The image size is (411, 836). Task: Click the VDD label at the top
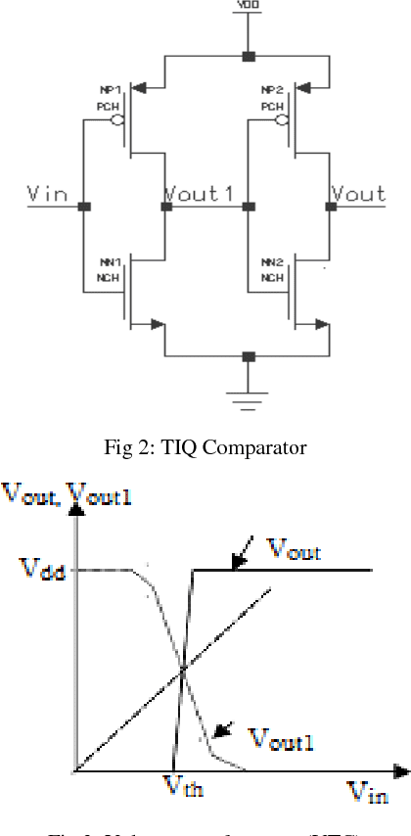(x=249, y=7)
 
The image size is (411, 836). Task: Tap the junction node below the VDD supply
(x=249, y=56)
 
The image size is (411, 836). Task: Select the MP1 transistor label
(x=108, y=90)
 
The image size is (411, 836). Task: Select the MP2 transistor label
(x=271, y=90)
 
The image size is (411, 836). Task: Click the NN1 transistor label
(x=108, y=263)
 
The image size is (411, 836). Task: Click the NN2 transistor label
(x=271, y=263)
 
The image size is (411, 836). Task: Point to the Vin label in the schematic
(x=46, y=194)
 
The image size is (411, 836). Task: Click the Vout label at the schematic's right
(x=359, y=194)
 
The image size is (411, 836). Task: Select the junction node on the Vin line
(x=85, y=208)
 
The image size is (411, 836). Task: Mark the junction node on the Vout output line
(x=327, y=208)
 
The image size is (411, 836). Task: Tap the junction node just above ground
(x=249, y=356)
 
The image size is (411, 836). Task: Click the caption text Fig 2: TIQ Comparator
(x=205, y=447)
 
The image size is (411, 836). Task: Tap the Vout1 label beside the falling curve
(x=281, y=741)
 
